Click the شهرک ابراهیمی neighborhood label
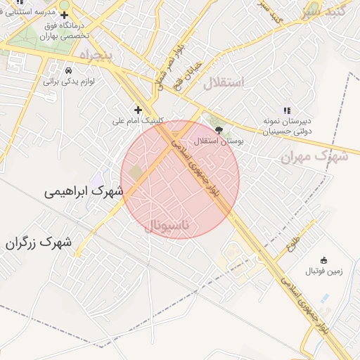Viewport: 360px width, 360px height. (83, 191)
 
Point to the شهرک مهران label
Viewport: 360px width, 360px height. (314, 157)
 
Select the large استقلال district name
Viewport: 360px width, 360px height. (224, 83)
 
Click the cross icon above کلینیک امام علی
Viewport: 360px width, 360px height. (138, 110)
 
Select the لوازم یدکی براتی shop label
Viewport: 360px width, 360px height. (69, 82)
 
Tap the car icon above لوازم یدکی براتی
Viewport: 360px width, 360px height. (67, 71)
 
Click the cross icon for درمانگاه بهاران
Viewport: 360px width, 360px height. (64, 15)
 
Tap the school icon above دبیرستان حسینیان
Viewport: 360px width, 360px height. (286, 110)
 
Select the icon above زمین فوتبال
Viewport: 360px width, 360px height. (323, 260)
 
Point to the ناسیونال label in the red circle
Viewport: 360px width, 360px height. (173, 225)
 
